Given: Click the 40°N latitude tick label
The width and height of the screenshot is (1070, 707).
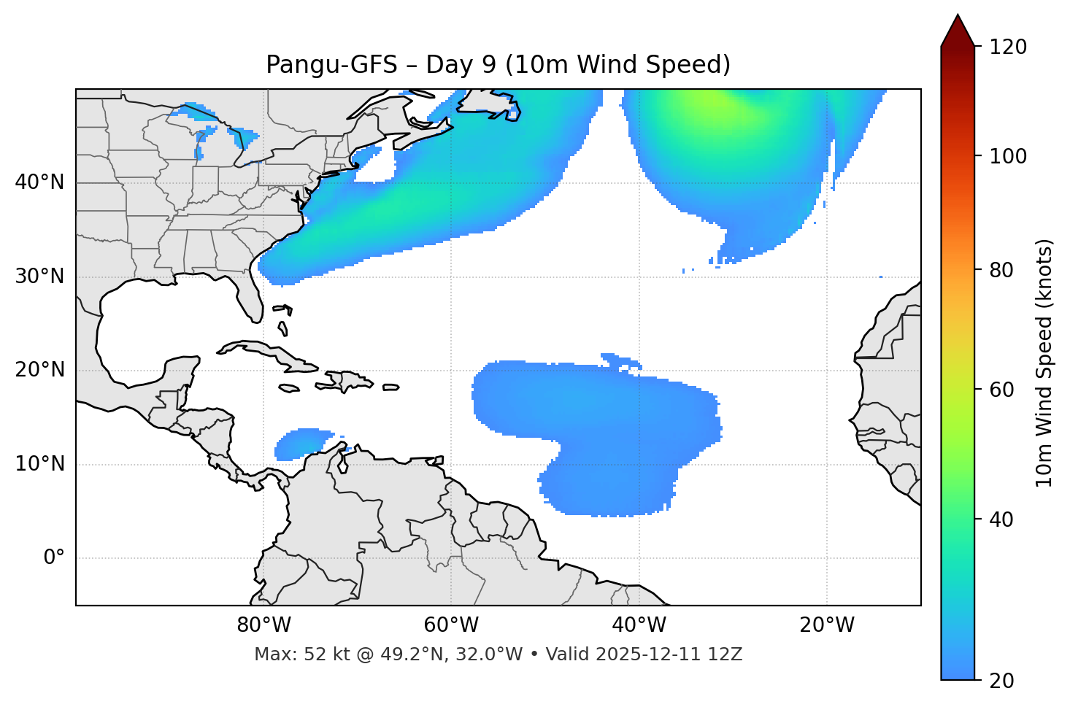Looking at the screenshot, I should pyautogui.click(x=39, y=182).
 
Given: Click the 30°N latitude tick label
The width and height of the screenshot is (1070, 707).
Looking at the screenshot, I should pyautogui.click(x=39, y=277).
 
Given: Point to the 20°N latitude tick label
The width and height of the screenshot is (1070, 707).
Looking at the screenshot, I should pyautogui.click(x=39, y=370).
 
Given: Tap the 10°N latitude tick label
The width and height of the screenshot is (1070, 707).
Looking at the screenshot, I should pyautogui.click(x=39, y=464).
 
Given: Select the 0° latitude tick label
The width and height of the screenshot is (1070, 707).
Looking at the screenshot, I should pyautogui.click(x=54, y=558).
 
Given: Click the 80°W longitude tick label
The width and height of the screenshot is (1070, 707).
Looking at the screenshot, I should pyautogui.click(x=264, y=625).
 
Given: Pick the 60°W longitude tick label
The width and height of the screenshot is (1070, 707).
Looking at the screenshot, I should pyautogui.click(x=452, y=625).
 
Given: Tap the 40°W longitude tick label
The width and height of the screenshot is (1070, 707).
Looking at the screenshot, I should pyautogui.click(x=639, y=625).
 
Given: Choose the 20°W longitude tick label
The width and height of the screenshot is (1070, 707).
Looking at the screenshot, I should pyautogui.click(x=827, y=625).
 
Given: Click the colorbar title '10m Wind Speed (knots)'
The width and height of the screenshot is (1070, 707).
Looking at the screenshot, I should pyautogui.click(x=1044, y=363).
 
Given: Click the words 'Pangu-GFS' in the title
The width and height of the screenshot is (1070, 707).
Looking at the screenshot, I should pyautogui.click(x=331, y=65).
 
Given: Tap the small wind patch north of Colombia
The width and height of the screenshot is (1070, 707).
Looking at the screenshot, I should pyautogui.click(x=301, y=443).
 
